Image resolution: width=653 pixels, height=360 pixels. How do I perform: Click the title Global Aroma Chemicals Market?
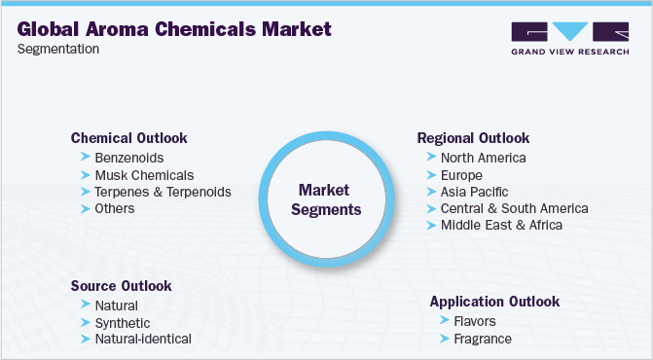pyautogui.click(x=174, y=29)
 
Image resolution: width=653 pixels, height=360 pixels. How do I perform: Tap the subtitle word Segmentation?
pyautogui.click(x=58, y=49)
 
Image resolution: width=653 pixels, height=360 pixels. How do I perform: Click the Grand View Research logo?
pyautogui.click(x=569, y=38)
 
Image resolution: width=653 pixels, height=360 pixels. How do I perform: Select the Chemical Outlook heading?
pyautogui.click(x=128, y=138)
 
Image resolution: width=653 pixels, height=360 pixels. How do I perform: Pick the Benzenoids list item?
pyautogui.click(x=129, y=158)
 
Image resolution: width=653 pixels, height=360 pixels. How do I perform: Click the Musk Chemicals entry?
pyautogui.click(x=144, y=175)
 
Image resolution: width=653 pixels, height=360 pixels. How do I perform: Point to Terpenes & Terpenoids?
pyautogui.click(x=163, y=192)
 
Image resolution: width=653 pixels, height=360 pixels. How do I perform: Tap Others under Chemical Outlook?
pyautogui.click(x=115, y=208)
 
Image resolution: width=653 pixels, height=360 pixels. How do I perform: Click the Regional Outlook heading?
pyautogui.click(x=473, y=138)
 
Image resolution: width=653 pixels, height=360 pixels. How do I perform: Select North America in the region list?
pyautogui.click(x=483, y=158)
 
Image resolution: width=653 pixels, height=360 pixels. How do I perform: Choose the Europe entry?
pyautogui.click(x=461, y=175)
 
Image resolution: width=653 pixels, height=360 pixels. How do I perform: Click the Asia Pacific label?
pyautogui.click(x=474, y=192)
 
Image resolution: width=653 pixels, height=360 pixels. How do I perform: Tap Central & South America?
pyautogui.click(x=514, y=208)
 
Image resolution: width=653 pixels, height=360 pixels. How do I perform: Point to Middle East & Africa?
pyautogui.click(x=501, y=225)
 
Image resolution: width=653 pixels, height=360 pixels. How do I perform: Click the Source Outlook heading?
pyautogui.click(x=121, y=286)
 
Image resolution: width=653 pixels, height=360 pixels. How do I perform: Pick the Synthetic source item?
pyautogui.click(x=123, y=323)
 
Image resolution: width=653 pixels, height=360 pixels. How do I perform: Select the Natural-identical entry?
pyautogui.click(x=143, y=340)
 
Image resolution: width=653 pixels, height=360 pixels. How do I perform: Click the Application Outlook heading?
pyautogui.click(x=494, y=302)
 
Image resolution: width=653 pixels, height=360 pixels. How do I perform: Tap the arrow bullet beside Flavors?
pyautogui.click(x=445, y=320)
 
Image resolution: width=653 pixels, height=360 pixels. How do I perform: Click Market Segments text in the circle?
pyautogui.click(x=326, y=200)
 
